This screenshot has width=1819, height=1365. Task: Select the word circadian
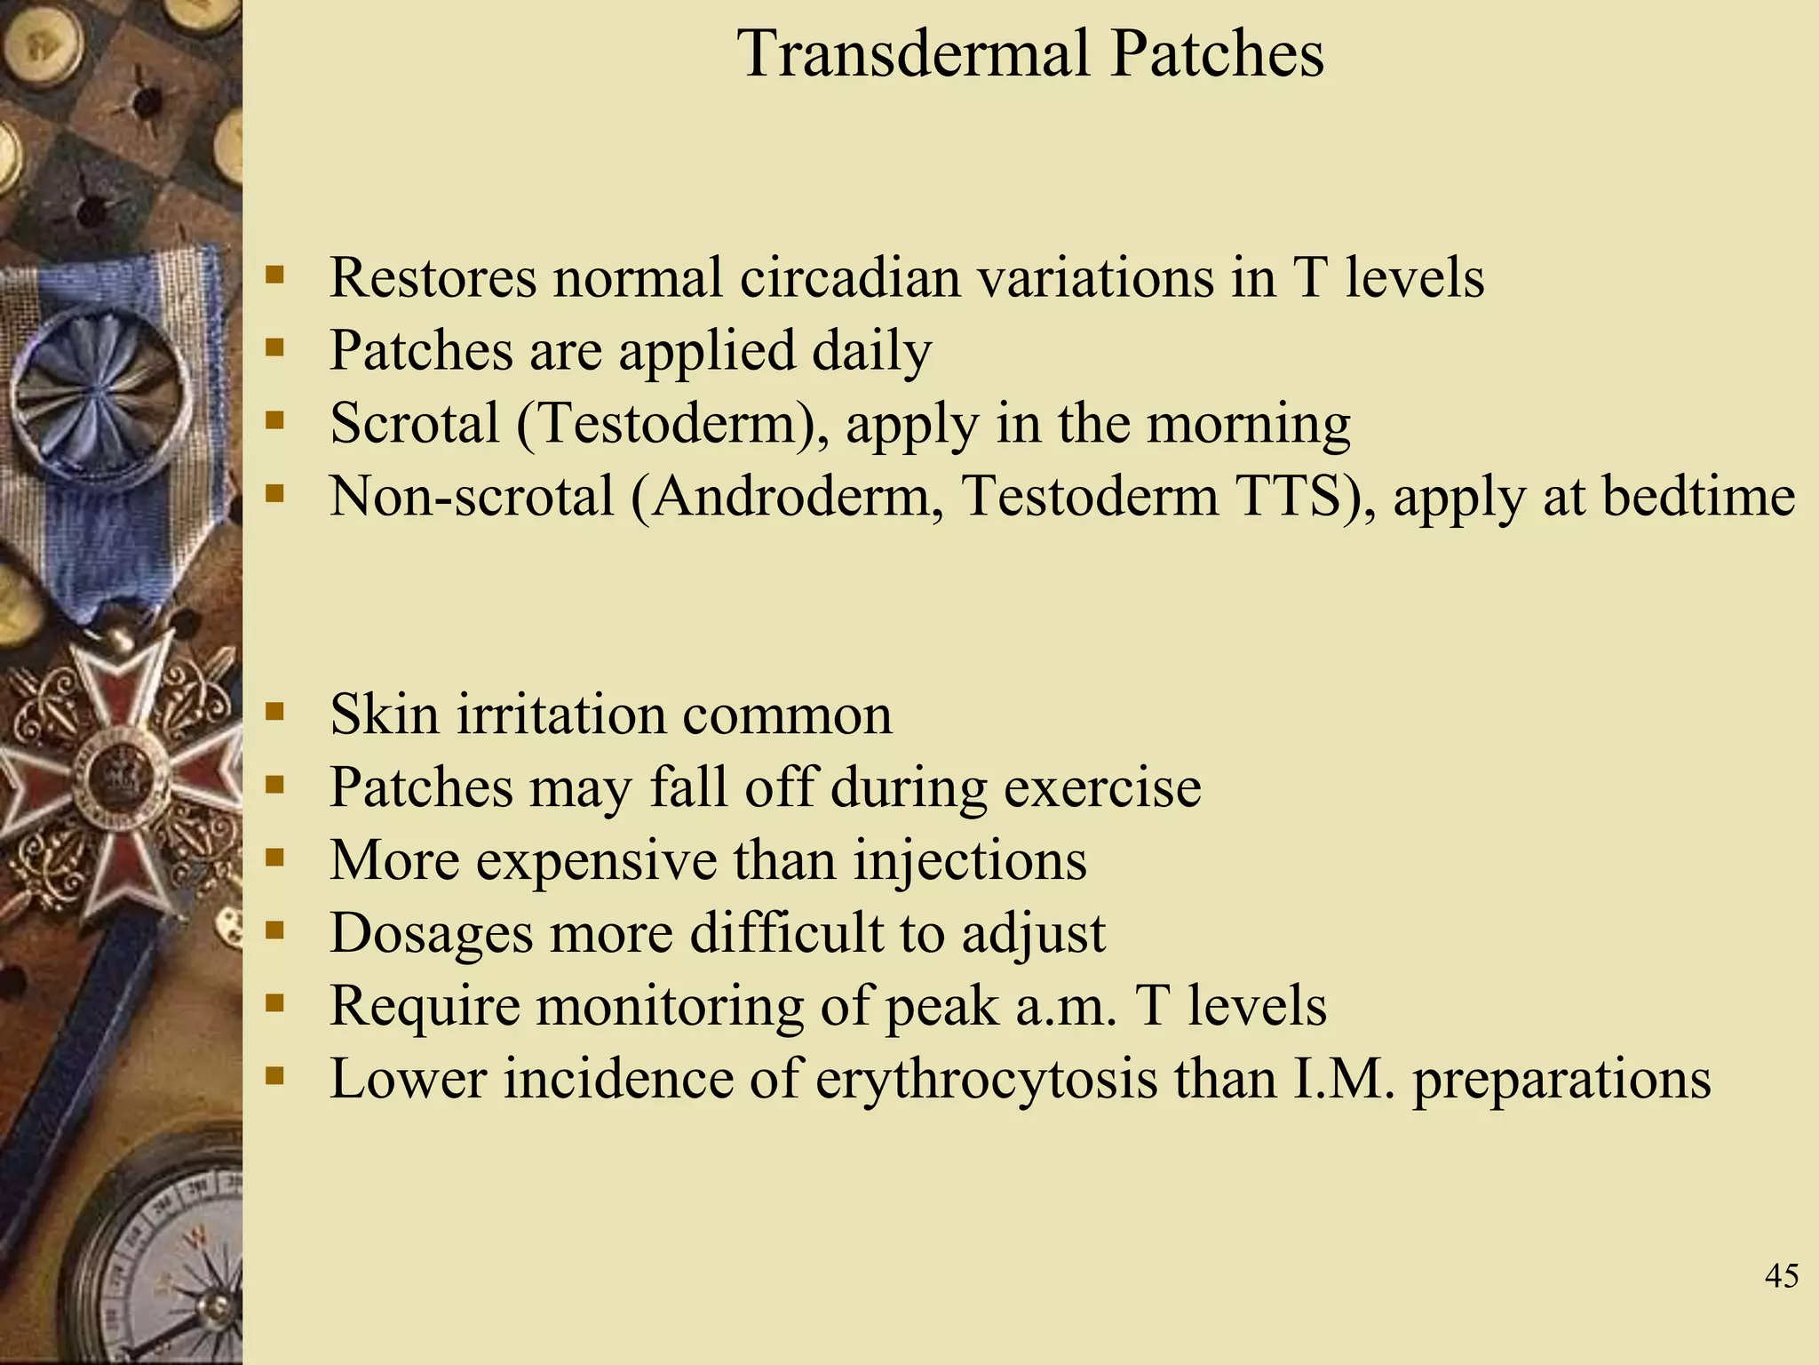tap(850, 277)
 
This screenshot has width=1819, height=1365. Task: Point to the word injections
tap(970, 860)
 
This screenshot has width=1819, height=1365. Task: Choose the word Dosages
tap(432, 933)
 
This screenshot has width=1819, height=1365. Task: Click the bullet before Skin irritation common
tap(274, 711)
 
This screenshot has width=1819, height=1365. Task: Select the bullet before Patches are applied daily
tap(274, 347)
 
